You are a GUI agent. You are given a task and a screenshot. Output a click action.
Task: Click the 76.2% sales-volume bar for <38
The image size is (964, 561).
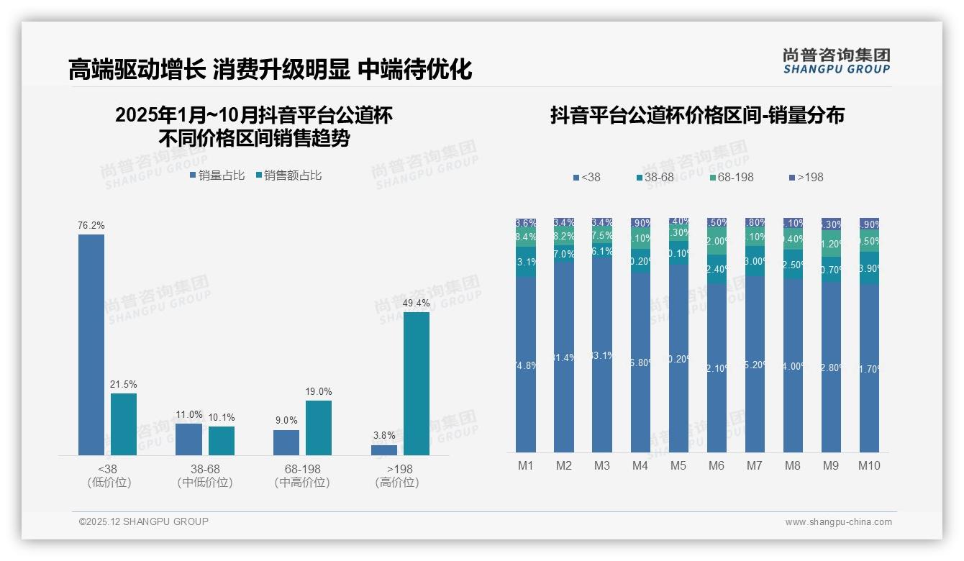91,345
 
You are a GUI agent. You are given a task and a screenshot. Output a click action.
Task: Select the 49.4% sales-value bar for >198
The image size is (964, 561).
417,383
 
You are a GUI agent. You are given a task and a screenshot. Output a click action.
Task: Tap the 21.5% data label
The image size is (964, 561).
123,385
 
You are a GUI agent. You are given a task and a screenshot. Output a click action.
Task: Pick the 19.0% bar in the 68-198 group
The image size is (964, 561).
319,428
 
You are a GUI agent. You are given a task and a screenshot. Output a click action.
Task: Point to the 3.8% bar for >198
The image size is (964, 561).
384,450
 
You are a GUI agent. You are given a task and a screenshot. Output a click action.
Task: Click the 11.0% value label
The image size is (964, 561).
189,415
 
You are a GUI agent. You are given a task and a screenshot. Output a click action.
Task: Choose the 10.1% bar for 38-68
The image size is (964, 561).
222,441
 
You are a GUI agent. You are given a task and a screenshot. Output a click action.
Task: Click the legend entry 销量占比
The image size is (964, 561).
217,175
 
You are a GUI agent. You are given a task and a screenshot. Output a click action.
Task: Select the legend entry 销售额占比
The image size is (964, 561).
288,175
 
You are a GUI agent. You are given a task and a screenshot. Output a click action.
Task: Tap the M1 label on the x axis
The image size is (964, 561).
526,465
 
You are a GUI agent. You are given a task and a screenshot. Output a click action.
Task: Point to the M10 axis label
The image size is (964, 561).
869,465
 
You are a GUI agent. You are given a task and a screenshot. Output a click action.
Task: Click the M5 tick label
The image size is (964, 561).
678,465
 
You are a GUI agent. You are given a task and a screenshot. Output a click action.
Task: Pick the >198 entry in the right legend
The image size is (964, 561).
806,177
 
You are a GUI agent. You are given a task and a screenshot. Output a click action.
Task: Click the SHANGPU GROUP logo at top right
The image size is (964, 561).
836,61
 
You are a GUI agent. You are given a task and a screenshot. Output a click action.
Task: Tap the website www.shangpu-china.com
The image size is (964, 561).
838,522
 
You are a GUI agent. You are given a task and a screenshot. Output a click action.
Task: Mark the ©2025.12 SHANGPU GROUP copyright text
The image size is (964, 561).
144,521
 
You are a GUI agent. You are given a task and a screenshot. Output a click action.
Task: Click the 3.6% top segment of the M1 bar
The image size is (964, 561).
526,223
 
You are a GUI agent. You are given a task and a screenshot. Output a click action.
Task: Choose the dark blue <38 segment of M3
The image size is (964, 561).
602,355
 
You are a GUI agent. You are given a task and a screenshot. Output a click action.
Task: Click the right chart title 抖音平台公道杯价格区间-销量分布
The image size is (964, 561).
697,116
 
